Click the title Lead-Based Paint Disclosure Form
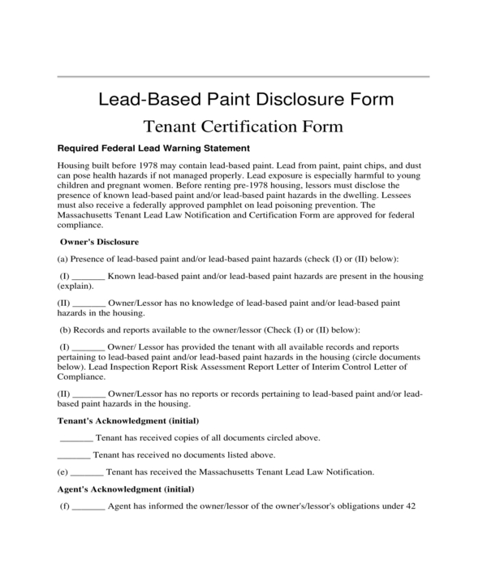click(246, 100)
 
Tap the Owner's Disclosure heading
click(100, 242)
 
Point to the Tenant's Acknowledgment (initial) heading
click(127, 420)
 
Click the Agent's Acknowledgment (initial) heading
click(125, 489)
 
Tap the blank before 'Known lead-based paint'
click(88, 278)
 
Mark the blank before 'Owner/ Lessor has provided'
click(88, 346)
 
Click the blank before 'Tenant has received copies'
click(76, 437)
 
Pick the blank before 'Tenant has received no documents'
click(74, 454)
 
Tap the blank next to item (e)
click(87, 471)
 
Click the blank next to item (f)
click(88, 506)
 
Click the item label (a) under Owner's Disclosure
click(62, 259)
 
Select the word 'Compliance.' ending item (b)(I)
click(83, 376)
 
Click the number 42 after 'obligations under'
click(410, 506)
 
